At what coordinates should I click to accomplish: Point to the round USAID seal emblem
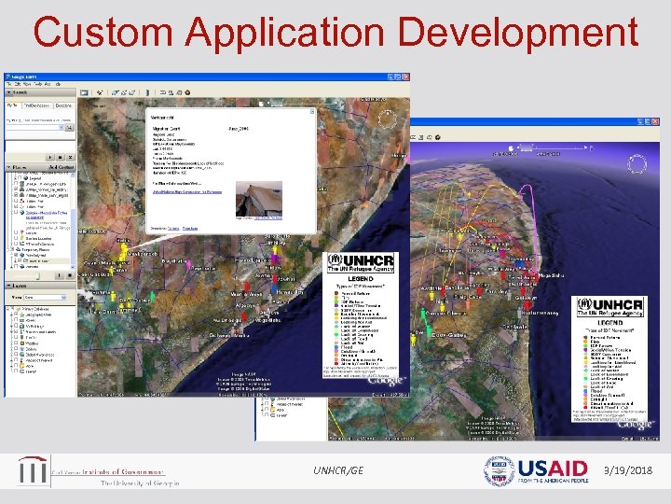(x=499, y=470)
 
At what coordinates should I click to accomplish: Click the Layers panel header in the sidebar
(x=21, y=287)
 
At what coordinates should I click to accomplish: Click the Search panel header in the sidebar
(x=21, y=91)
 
